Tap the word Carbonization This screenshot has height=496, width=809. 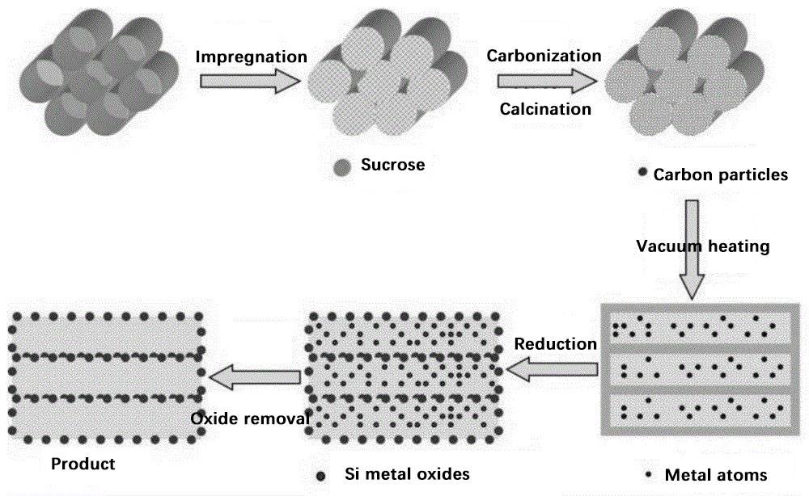click(544, 56)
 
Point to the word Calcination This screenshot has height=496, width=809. click(545, 108)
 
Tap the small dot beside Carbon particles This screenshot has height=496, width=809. click(642, 172)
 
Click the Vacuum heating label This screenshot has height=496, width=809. click(702, 246)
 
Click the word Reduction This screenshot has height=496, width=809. click(556, 344)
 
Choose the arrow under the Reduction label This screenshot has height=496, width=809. click(549, 370)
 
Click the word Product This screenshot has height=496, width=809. click(83, 464)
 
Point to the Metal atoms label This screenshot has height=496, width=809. click(714, 475)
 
